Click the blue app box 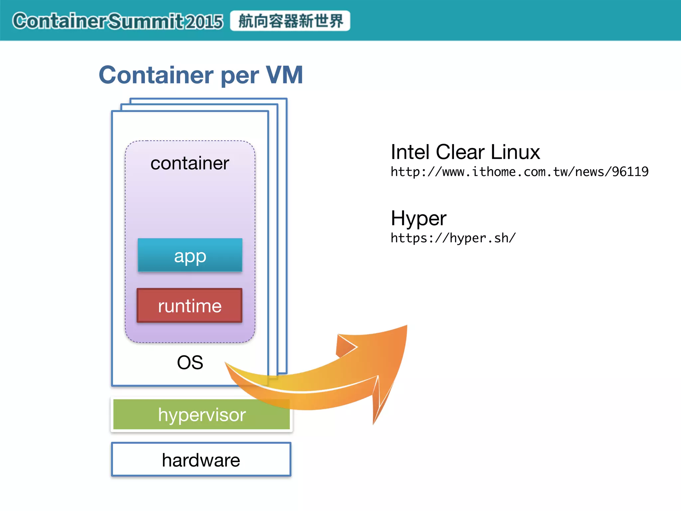[x=190, y=255]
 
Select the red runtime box [x=190, y=305]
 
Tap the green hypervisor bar [x=202, y=415]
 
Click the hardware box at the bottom [x=201, y=460]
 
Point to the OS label [x=190, y=362]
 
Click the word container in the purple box [x=190, y=163]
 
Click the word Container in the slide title [x=156, y=75]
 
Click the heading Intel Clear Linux [x=465, y=152]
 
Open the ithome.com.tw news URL [x=519, y=172]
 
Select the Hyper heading [x=418, y=219]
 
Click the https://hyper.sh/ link [x=453, y=238]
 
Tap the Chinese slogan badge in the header [x=290, y=21]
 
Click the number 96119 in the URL [x=630, y=172]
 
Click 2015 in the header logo [x=204, y=22]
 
